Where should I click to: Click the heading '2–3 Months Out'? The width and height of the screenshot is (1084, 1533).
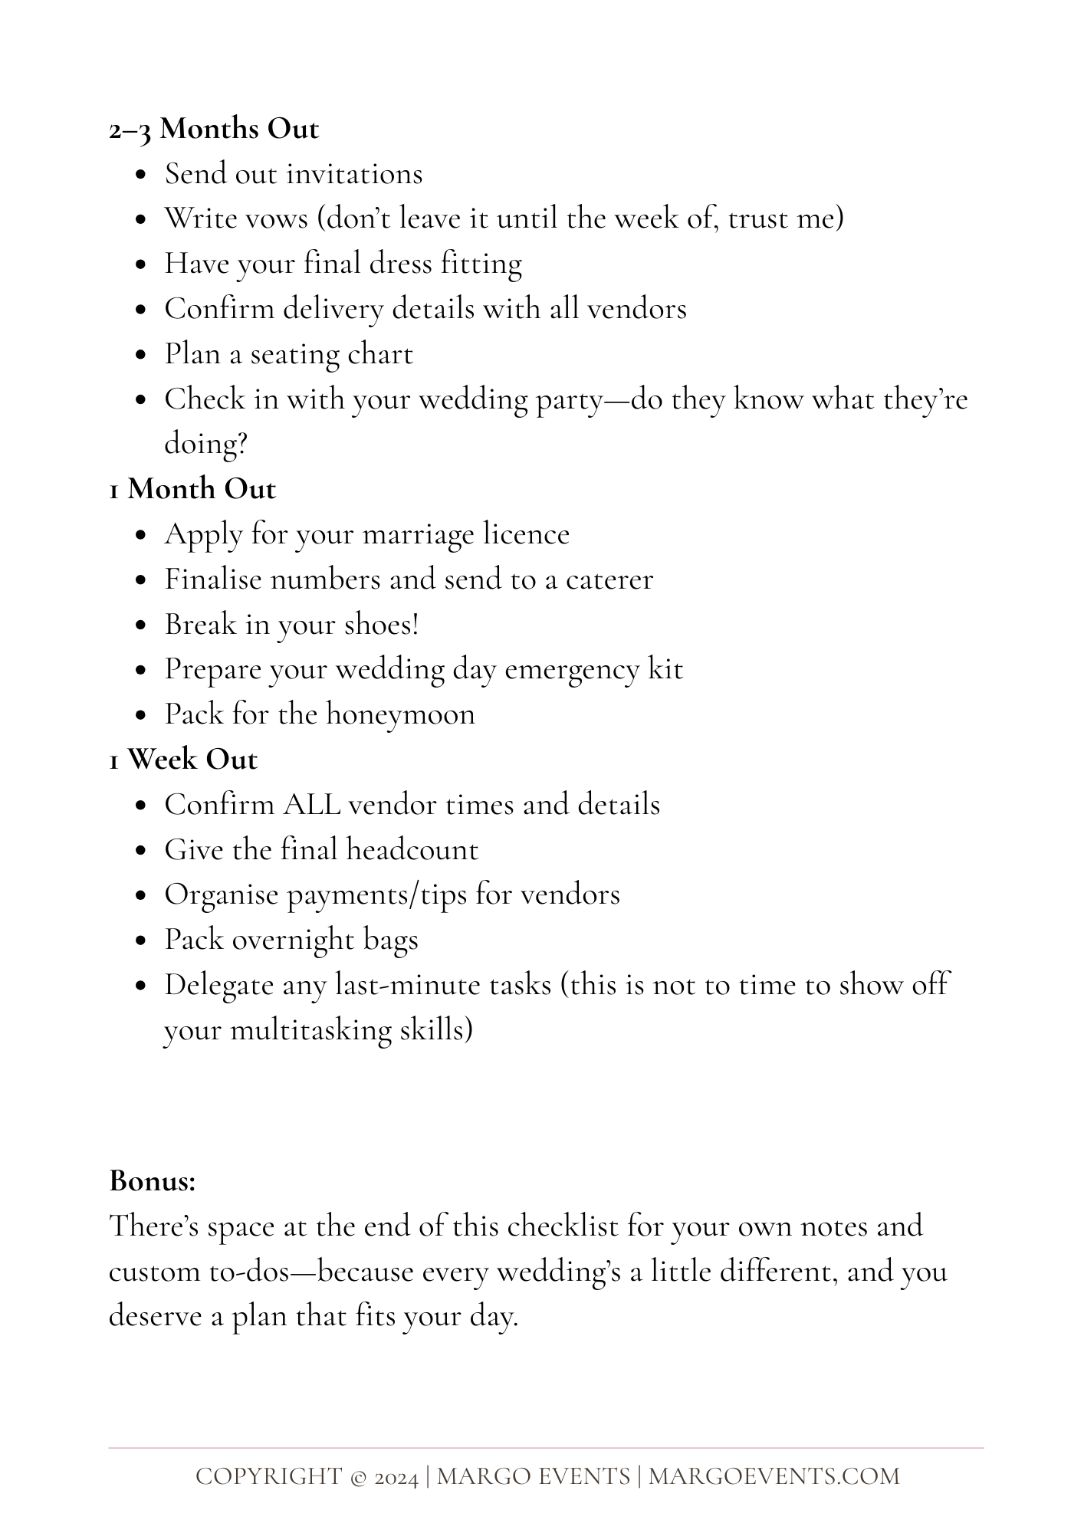click(x=213, y=129)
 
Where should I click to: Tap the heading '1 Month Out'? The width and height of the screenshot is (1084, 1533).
click(x=192, y=489)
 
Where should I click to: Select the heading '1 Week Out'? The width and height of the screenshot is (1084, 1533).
click(x=182, y=760)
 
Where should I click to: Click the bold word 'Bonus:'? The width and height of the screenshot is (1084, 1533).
click(x=153, y=1181)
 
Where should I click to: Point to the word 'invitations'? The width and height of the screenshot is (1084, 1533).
click(x=360, y=174)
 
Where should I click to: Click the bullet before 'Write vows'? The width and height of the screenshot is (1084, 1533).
click(x=140, y=219)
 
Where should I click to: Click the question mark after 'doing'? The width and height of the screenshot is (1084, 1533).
click(x=241, y=445)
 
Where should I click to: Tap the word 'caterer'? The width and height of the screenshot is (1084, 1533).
click(x=609, y=579)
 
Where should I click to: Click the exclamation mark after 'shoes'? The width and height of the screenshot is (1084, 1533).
click(x=416, y=624)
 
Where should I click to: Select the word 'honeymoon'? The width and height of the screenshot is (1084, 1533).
click(x=400, y=714)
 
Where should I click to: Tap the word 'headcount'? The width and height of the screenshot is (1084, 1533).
click(x=412, y=850)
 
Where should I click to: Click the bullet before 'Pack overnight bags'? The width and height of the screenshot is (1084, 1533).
click(x=140, y=940)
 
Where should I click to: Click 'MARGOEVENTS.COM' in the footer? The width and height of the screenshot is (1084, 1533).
click(x=774, y=1477)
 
